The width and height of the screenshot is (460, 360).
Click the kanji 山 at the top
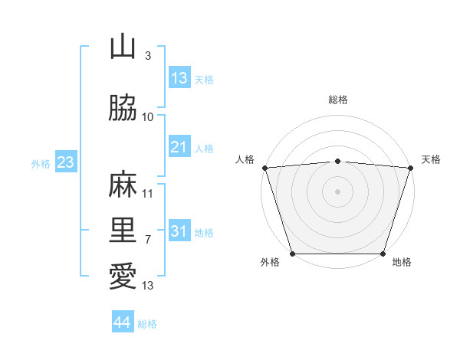[x=123, y=47]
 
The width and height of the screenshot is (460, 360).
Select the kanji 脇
[x=123, y=109]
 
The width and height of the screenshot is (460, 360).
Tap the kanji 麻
[x=123, y=185]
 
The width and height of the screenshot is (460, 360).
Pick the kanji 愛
[x=123, y=277]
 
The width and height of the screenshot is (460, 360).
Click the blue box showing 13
[x=179, y=77]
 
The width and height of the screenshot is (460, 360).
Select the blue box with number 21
[x=179, y=146]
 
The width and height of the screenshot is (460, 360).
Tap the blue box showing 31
[x=179, y=231]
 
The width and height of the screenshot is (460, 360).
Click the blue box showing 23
[x=65, y=162]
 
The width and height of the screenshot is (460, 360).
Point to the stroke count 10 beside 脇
[x=148, y=116]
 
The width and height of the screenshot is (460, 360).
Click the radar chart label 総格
[x=338, y=100]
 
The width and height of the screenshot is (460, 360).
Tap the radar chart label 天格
[x=432, y=159]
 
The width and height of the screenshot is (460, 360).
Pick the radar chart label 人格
[x=245, y=159]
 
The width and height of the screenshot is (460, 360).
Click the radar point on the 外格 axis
[x=292, y=254]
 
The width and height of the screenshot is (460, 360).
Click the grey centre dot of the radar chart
[x=338, y=191]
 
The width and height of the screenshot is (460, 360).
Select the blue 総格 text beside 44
[x=147, y=324]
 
